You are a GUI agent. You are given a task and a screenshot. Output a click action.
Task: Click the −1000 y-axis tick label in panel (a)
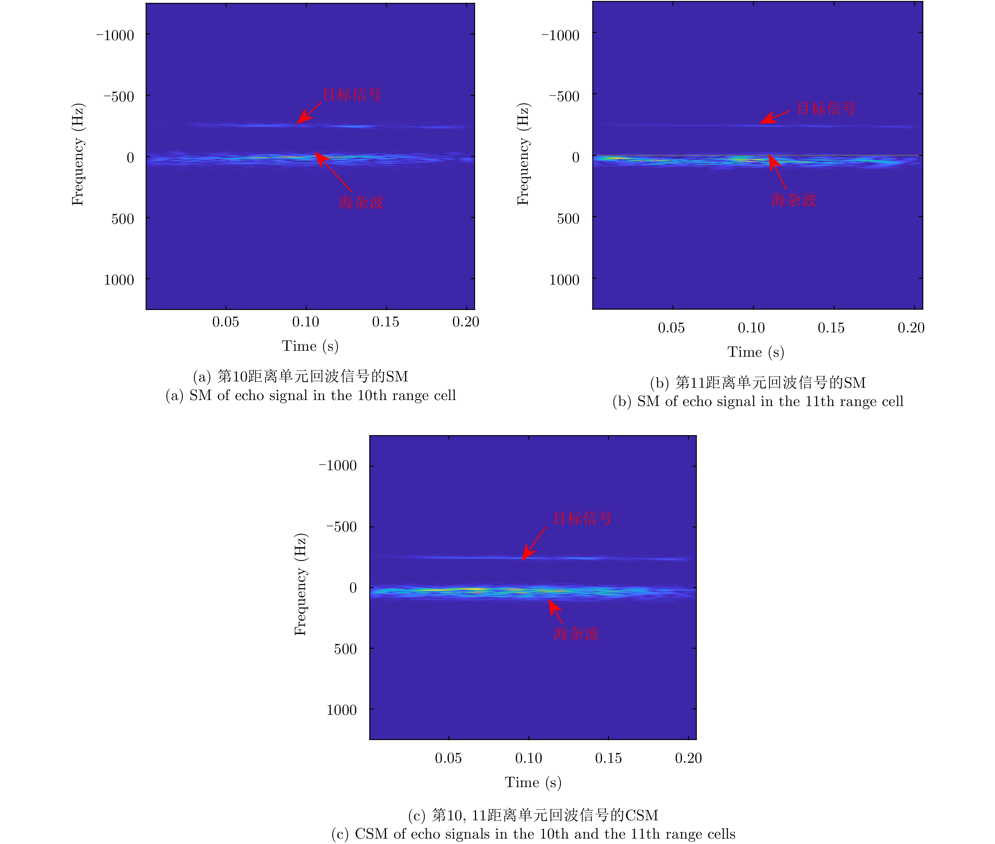(115, 35)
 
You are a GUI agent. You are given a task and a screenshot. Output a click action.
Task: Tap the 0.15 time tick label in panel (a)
(386, 322)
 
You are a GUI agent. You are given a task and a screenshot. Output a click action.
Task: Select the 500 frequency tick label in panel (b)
(568, 219)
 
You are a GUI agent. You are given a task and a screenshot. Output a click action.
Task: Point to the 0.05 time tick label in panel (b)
(671, 328)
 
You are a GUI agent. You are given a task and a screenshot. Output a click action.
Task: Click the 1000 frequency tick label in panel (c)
(341, 710)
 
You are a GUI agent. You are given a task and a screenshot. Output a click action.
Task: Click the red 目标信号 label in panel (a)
(352, 95)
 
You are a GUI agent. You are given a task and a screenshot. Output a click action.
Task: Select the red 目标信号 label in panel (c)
(583, 518)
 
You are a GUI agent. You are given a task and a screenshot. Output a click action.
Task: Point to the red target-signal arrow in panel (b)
(775, 117)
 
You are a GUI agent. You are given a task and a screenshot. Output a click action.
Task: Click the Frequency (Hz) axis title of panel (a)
(77, 154)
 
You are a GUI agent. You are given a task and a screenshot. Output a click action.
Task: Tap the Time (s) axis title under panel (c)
(533, 782)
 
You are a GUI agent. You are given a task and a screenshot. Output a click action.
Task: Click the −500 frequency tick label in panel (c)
(341, 527)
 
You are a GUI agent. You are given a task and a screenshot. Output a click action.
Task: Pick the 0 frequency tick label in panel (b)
(576, 157)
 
